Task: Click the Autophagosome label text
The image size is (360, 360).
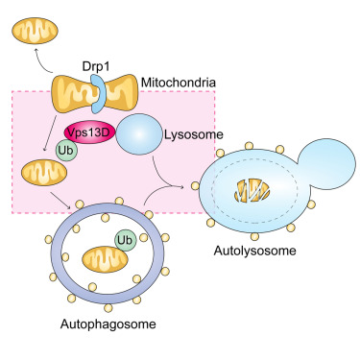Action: [92, 325]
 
